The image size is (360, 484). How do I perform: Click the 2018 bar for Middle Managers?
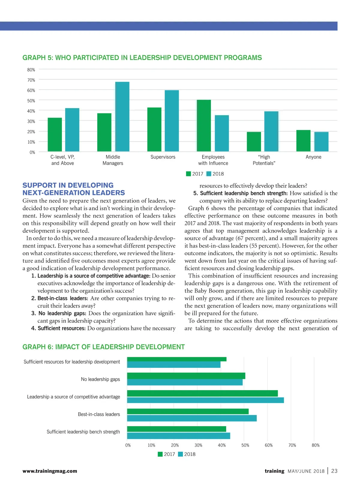click(122, 116)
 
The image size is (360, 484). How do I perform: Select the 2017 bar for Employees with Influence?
click(204, 125)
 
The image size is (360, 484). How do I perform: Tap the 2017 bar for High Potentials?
click(254, 141)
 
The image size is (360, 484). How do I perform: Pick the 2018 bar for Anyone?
click(321, 141)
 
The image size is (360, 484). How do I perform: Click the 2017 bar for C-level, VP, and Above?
click(55, 134)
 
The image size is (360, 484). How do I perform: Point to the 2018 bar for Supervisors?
click(172, 121)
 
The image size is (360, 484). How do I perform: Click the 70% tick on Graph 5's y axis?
click(31, 80)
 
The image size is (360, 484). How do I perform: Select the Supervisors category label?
click(163, 157)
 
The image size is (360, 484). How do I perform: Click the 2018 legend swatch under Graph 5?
click(209, 174)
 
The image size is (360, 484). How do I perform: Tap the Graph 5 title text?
click(142, 58)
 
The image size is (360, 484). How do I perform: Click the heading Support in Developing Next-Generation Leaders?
click(73, 189)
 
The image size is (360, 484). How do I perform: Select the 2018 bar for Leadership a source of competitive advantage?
click(205, 400)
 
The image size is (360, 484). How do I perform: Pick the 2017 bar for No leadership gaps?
click(186, 376)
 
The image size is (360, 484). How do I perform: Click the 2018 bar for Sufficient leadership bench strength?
click(178, 436)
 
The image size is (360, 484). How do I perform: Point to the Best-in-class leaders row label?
click(99, 414)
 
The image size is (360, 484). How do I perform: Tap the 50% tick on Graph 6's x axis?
click(245, 445)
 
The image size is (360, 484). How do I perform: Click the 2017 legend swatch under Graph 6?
click(160, 454)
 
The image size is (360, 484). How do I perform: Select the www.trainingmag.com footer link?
click(50, 471)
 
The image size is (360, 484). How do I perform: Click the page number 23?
click(334, 471)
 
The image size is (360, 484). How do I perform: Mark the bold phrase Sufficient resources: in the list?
click(61, 328)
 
